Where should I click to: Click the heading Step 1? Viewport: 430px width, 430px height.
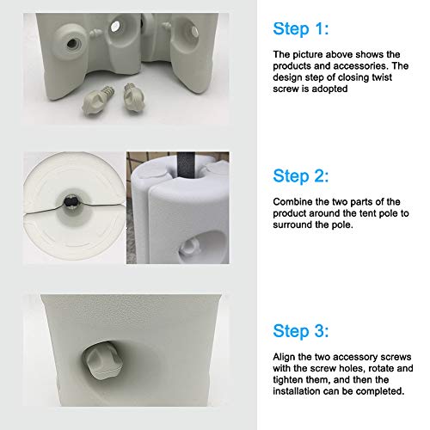[301, 28]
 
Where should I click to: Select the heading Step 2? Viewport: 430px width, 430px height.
[301, 175]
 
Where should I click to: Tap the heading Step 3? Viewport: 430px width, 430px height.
[301, 331]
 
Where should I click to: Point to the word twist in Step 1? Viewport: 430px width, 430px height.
[382, 77]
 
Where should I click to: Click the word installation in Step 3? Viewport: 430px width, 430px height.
[297, 391]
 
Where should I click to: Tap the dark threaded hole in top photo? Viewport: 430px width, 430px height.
[72, 44]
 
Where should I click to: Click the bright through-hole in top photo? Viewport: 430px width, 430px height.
[115, 27]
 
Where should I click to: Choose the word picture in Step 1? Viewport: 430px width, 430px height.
[308, 55]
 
